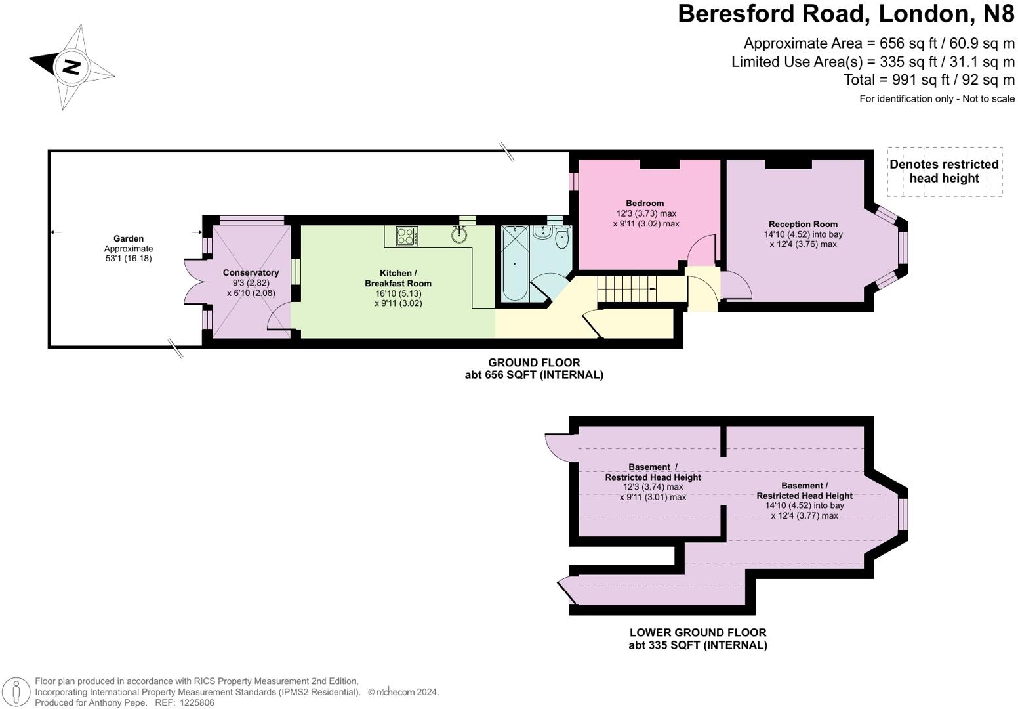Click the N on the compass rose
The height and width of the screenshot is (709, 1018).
click(x=71, y=67)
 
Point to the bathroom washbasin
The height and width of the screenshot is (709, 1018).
click(x=542, y=232)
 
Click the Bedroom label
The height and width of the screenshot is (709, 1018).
click(x=645, y=203)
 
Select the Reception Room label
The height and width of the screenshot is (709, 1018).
click(x=803, y=224)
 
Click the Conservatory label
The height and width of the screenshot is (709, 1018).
click(x=251, y=272)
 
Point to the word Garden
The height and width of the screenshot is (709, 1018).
click(x=128, y=238)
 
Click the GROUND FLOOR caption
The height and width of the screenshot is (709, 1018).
click(x=534, y=362)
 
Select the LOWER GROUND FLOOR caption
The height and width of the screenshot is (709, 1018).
click(x=697, y=632)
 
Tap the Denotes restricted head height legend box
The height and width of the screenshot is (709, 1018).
click(x=944, y=171)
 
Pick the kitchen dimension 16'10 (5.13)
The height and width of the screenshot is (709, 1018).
click(x=398, y=293)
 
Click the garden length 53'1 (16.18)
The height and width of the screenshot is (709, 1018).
click(x=128, y=259)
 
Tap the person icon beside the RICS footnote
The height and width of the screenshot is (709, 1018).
click(x=18, y=691)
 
